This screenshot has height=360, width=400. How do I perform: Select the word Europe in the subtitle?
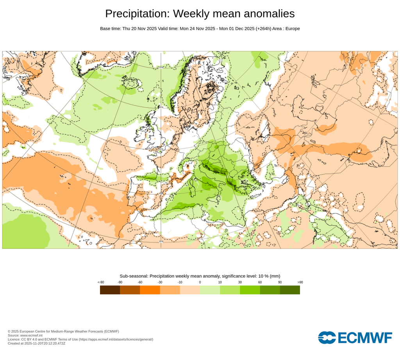point(293,29)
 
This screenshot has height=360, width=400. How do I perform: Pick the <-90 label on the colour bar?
point(101,282)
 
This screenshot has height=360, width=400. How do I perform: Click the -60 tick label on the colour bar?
point(140,282)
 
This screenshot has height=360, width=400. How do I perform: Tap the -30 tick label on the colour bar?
point(160,282)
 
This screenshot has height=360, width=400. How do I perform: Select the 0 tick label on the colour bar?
point(200,282)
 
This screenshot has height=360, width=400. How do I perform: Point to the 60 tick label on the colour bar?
point(260,282)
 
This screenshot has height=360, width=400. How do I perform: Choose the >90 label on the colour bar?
point(300,282)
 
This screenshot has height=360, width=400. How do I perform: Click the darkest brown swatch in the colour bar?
point(110,290)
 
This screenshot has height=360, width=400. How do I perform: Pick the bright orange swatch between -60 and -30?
point(150,290)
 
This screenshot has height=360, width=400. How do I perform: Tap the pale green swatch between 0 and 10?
point(210,290)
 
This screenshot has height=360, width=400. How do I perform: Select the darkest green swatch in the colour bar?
point(290,290)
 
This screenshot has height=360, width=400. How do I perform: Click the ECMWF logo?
point(355,337)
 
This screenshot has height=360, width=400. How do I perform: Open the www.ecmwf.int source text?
point(31,335)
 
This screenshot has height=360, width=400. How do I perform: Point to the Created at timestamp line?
point(36,343)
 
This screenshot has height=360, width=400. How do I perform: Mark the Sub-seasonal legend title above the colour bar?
point(200,276)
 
